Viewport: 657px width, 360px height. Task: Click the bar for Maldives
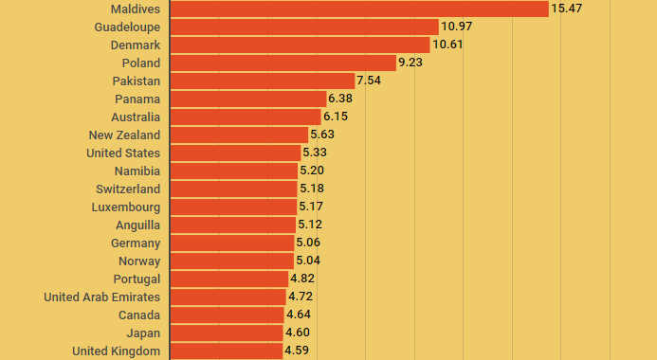pyautogui.click(x=358, y=9)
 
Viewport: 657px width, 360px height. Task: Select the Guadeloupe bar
pyautogui.click(x=303, y=27)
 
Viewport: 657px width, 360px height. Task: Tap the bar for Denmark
pyautogui.click(x=300, y=45)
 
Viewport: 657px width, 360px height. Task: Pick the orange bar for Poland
pyautogui.click(x=283, y=63)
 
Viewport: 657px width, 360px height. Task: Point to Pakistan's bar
pyautogui.click(x=262, y=81)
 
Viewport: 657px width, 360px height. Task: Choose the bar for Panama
pyautogui.click(x=247, y=99)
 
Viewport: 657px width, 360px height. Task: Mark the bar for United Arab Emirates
pyautogui.click(x=228, y=297)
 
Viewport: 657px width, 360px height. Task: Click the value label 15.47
pyautogui.click(x=566, y=9)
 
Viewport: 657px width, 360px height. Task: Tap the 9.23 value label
pyautogui.click(x=411, y=63)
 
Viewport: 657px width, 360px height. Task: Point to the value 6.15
pyautogui.click(x=336, y=117)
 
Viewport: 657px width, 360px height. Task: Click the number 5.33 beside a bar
pyautogui.click(x=316, y=153)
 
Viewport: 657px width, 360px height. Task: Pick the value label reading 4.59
pyautogui.click(x=297, y=351)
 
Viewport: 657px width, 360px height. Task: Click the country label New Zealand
pyautogui.click(x=124, y=135)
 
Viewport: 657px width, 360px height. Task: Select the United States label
pyautogui.click(x=123, y=153)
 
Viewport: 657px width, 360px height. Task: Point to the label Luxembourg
pyautogui.click(x=126, y=207)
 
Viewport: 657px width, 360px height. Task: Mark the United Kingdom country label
pyautogui.click(x=116, y=351)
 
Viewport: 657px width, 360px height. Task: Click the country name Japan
pyautogui.click(x=143, y=333)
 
